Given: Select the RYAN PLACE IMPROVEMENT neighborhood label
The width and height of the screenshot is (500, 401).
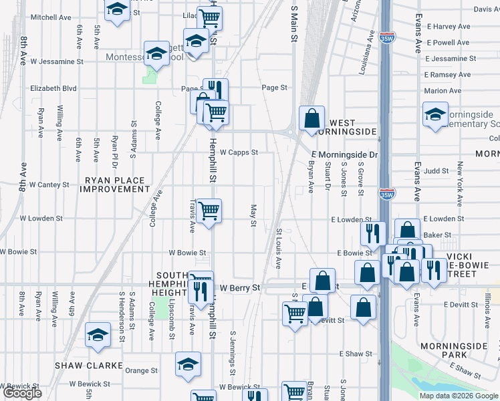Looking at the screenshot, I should (x=115, y=185).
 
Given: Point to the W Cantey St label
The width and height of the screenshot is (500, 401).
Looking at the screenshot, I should (x=49, y=184).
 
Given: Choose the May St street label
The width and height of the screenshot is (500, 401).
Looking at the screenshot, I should (x=253, y=215).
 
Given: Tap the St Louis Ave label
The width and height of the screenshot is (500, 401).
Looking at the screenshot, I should (x=279, y=248).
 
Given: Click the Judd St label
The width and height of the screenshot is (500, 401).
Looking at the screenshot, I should (x=436, y=171).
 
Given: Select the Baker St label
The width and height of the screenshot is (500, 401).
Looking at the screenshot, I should (x=437, y=235).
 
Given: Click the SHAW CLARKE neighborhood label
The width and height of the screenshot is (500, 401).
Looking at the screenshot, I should (x=89, y=366).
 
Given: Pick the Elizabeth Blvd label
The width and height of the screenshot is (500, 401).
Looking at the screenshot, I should (x=53, y=88).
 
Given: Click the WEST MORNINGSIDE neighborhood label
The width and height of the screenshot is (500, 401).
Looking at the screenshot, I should (x=352, y=128).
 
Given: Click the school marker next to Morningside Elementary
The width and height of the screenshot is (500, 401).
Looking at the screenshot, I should (x=435, y=114).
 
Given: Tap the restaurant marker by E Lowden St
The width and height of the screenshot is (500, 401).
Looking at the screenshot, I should (x=373, y=233).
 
